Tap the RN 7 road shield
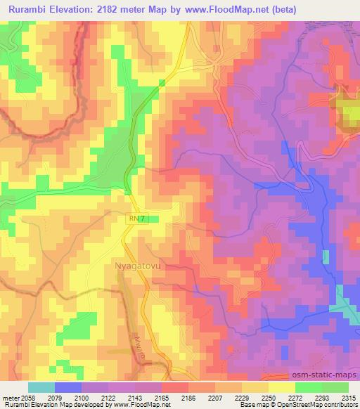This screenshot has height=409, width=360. (137, 219)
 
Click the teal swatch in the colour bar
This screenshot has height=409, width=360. (41, 387)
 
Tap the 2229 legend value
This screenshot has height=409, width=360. (229, 398)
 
